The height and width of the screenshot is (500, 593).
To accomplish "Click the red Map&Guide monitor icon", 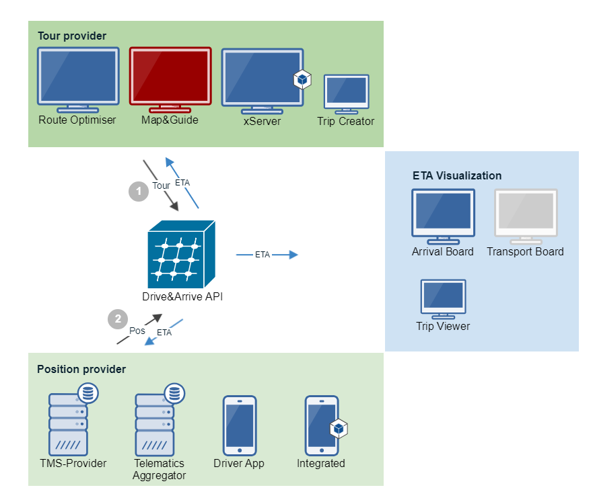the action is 170,80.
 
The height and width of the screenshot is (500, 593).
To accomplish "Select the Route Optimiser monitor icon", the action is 78,80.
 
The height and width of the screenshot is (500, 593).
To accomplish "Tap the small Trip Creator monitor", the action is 347,94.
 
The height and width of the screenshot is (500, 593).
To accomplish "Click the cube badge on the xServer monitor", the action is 302,79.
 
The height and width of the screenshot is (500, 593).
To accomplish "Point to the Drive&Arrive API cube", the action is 182,254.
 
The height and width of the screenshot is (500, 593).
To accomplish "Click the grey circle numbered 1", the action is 139,191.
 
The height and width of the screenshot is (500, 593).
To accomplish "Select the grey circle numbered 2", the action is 118,319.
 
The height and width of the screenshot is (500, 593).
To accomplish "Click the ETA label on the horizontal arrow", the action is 263,255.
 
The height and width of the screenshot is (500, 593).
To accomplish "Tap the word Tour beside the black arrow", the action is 161,185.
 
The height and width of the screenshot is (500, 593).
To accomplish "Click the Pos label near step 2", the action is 137,331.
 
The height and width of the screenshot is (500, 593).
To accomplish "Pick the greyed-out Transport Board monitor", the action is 526,216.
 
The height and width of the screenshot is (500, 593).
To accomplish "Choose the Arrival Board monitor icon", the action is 444,216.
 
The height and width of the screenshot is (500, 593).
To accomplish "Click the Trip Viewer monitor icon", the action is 444,299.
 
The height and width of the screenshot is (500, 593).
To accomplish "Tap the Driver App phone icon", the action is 240,425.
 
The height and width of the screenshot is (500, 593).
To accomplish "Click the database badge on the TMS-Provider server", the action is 88,392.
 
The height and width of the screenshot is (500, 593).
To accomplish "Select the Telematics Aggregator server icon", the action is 160,419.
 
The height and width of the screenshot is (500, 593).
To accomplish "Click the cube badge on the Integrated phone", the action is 339,428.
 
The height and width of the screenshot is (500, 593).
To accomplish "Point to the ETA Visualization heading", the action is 457,175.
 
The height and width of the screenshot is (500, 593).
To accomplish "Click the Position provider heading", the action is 81,369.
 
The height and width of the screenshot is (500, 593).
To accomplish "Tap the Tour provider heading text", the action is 72,36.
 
